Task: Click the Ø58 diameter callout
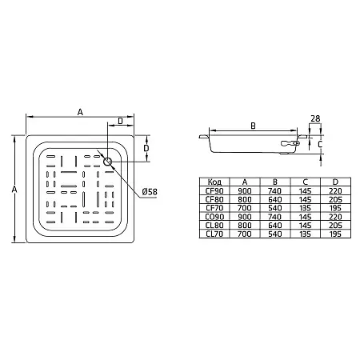[150, 192]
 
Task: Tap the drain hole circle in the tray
[107, 162]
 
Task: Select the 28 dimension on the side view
[315, 118]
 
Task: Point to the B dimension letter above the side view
[254, 126]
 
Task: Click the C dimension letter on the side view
[320, 144]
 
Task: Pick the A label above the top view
[80, 112]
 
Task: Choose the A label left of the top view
[14, 190]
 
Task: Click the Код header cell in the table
[214, 182]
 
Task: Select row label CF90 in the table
[214, 191]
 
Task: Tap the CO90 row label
[214, 217]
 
